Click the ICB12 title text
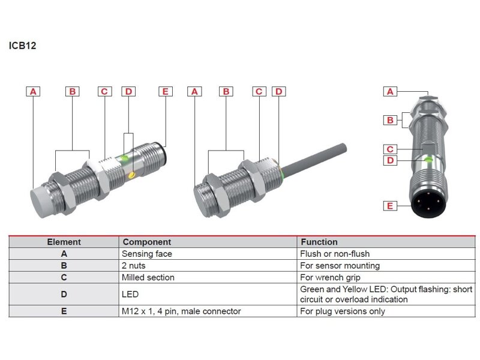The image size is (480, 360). pos(23,45)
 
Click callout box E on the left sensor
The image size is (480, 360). pos(166,92)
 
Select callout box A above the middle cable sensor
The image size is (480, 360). pos(194,92)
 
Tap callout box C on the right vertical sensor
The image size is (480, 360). pos(390,149)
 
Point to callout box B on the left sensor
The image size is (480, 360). pos(72,92)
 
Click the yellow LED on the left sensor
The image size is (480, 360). pos(131,175)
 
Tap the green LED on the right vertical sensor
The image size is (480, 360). pos(428,160)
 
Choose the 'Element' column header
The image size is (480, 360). pos(64,242)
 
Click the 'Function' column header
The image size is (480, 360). pos(319,242)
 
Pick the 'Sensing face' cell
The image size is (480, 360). pos(146,254)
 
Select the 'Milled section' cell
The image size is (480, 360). pos(148,277)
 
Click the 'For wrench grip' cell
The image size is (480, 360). pos(331,277)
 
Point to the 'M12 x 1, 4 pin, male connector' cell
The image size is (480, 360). pos(181,311)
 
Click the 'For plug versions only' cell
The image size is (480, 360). pos(342,311)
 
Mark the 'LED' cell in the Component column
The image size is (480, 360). pos(130,294)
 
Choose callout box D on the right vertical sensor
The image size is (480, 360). pos(390,160)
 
